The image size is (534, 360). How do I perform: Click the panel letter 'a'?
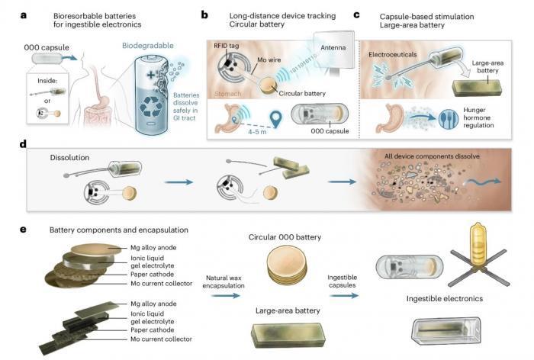[24, 15]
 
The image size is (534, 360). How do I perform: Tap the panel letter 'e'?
[23, 230]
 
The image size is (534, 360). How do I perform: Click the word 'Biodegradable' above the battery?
[148, 46]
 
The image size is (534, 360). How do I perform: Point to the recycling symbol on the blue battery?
[151, 107]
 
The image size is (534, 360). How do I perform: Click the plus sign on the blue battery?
[150, 75]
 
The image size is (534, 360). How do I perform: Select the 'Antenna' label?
[333, 48]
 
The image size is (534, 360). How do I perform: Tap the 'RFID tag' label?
[226, 46]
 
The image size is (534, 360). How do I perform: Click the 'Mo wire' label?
[269, 60]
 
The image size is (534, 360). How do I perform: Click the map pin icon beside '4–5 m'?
[275, 119]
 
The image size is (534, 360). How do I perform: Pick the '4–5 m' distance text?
[257, 132]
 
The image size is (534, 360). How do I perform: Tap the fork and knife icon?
[449, 119]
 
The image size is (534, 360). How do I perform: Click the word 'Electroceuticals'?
[392, 54]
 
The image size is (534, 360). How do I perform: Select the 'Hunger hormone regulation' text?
[478, 117]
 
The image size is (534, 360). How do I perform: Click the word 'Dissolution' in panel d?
[69, 158]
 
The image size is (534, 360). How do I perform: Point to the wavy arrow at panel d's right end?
[484, 182]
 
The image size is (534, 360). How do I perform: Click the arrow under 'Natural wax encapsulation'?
[225, 295]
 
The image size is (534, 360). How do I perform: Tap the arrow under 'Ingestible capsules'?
[344, 295]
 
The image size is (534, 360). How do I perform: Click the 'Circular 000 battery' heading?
[285, 237]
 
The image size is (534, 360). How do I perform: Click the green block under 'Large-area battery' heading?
[288, 335]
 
